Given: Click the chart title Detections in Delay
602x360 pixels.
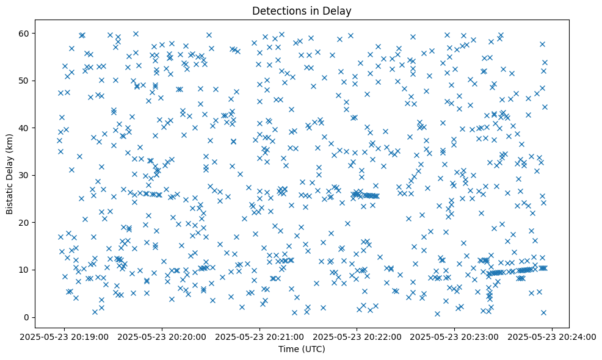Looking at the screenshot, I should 302,10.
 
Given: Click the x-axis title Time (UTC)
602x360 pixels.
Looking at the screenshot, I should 302,349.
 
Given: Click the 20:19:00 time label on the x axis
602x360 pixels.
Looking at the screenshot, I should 64,336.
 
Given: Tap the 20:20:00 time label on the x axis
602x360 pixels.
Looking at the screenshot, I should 162,336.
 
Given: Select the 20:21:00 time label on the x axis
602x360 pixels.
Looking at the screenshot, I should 259,336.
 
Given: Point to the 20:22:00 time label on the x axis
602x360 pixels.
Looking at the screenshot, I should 357,336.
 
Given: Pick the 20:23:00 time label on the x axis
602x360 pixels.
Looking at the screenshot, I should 455,336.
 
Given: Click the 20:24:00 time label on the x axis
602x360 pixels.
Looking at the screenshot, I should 553,336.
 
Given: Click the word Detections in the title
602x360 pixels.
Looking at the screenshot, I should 278,10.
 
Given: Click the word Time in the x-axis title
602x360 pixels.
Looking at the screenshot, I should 290,349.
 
